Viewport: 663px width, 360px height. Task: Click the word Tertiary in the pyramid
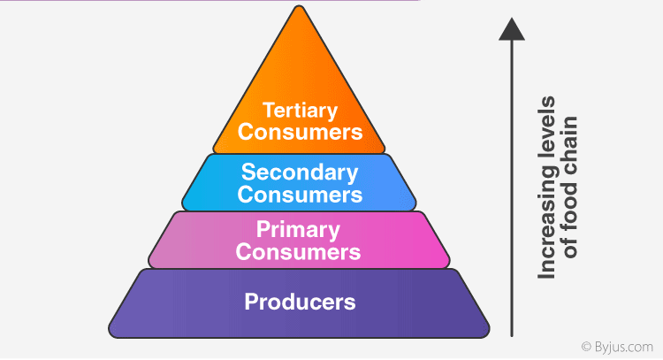pos(300,111)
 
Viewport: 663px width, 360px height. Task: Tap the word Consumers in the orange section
pos(300,132)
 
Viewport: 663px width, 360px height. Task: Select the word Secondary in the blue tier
pos(300,172)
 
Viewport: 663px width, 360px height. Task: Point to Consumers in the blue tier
pos(300,193)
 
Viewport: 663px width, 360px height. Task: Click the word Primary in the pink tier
pos(300,231)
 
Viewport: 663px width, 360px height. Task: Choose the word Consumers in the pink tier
pos(300,252)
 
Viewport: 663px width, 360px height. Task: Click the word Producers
pos(300,302)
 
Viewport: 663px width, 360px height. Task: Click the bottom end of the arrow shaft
pos(512,335)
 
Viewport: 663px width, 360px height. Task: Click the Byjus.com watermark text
pos(624,347)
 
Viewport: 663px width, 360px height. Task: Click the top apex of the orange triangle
pos(300,8)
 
